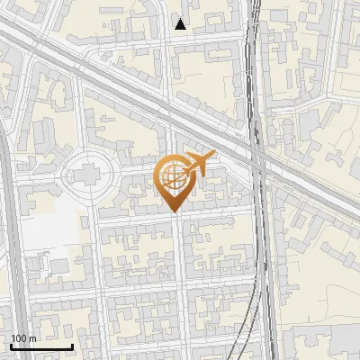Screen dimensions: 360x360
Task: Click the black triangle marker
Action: [x=181, y=24]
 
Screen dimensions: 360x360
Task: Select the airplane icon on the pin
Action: [x=197, y=164]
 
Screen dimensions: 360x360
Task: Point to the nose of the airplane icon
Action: [x=211, y=155]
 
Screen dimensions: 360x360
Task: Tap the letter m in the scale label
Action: [x=33, y=338]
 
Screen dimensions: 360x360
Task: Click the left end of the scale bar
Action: [x=10, y=346]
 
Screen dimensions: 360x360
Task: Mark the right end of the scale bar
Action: [x=72, y=346]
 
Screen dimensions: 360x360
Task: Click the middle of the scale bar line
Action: [x=41, y=346]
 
